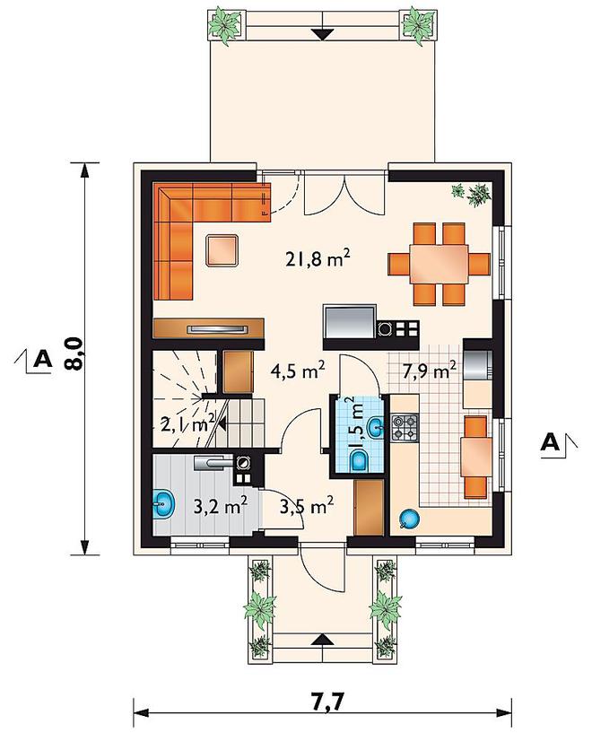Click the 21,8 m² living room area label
(318, 257)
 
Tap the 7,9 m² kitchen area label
(429, 371)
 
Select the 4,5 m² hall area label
(298, 371)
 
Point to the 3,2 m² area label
(220, 506)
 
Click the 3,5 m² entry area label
(307, 506)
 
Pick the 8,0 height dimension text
(74, 354)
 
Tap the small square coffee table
(223, 250)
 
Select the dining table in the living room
(439, 264)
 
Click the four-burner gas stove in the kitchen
(404, 428)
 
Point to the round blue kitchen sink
(409, 519)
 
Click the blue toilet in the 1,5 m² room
(359, 461)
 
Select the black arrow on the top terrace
(322, 34)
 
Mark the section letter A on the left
(42, 359)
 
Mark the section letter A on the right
(551, 441)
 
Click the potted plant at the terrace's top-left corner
(225, 24)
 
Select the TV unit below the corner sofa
(208, 328)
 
